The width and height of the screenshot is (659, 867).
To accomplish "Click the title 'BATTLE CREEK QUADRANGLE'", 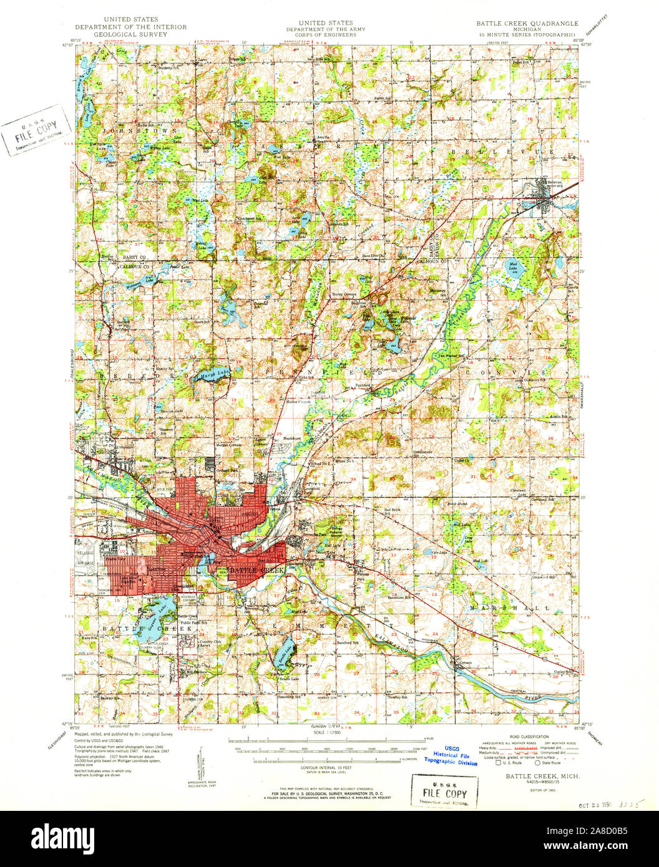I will coord(527,22).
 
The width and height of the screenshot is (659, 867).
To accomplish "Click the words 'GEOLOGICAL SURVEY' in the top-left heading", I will coord(121,35).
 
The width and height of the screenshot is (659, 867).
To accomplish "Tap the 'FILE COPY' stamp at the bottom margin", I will coord(445,793).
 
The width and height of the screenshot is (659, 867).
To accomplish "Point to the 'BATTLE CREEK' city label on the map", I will coord(257,571).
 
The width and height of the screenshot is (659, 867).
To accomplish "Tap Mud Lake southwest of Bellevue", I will coord(516,270).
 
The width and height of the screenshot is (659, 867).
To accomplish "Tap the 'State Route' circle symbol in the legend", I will coord(537,763).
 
